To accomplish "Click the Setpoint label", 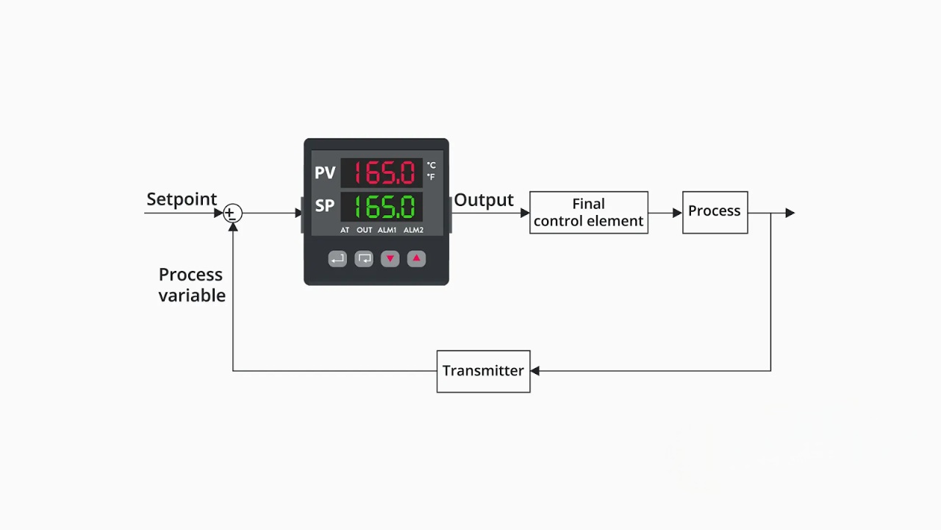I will pyautogui.click(x=182, y=199).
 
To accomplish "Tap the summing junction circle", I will pyautogui.click(x=232, y=213).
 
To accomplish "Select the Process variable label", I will pyautogui.click(x=191, y=285).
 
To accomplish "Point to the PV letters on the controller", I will pyautogui.click(x=325, y=173).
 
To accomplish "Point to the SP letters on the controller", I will pyautogui.click(x=325, y=206).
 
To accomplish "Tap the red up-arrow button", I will pyautogui.click(x=416, y=258).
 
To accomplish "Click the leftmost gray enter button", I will pyautogui.click(x=337, y=259).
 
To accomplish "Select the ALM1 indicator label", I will pyautogui.click(x=387, y=230).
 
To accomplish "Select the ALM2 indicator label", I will pyautogui.click(x=413, y=230).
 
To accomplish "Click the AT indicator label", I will pyautogui.click(x=345, y=230).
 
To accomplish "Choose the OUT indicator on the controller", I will pyautogui.click(x=365, y=230).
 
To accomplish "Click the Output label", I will pyautogui.click(x=484, y=200).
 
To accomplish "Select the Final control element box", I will pyautogui.click(x=588, y=213).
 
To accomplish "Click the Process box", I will pyautogui.click(x=715, y=212).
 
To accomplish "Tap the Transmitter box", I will pyautogui.click(x=483, y=371).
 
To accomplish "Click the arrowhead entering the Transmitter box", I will pyautogui.click(x=535, y=371).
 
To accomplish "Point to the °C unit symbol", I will pyautogui.click(x=432, y=166).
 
